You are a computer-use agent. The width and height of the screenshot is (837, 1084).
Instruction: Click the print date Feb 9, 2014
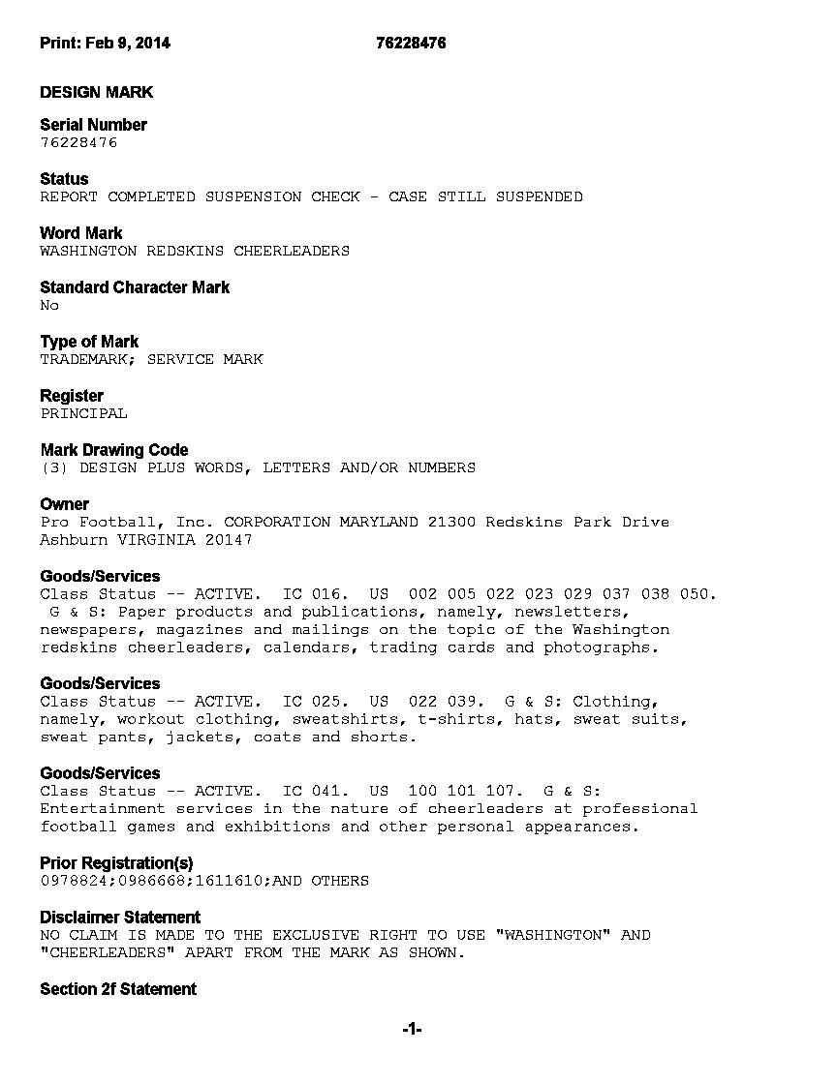[127, 43]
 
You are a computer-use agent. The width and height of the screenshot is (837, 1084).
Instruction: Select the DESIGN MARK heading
[96, 92]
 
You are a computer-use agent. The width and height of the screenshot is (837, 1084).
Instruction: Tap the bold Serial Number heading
[93, 125]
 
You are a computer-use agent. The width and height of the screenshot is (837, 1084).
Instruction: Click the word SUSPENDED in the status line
[539, 196]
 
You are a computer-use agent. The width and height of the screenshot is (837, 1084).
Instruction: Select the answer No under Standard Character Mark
[49, 305]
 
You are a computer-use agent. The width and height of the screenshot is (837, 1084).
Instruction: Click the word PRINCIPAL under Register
[83, 413]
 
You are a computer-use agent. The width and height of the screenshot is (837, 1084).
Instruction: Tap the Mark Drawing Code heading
[114, 450]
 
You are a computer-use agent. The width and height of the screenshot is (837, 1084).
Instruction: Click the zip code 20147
[228, 539]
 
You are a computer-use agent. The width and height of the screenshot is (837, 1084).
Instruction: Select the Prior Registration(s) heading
[116, 863]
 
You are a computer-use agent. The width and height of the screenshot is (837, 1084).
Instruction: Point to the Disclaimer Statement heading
[120, 918]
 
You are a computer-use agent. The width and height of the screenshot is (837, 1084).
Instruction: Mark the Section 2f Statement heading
[118, 989]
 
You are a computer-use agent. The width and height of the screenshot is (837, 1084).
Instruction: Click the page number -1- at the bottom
[412, 1030]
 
